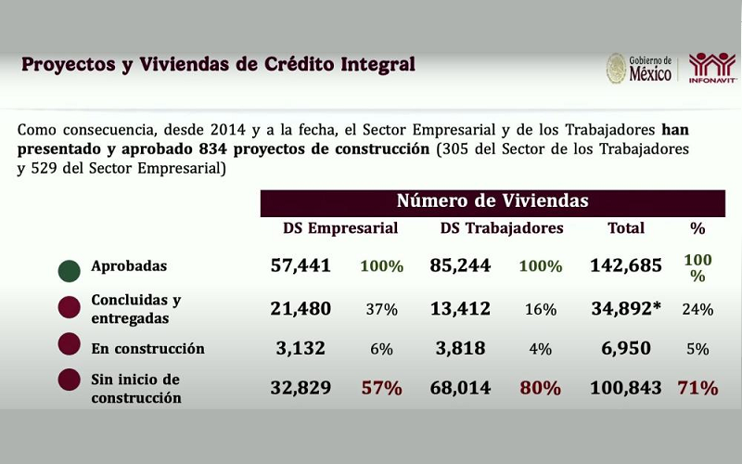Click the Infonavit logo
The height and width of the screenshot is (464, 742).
[x=712, y=67]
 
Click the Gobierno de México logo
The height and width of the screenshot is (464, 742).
[x=640, y=68]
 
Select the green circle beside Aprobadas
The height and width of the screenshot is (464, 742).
[x=69, y=270]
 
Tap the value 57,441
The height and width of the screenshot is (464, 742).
[x=301, y=266]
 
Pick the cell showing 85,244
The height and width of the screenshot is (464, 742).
[x=461, y=266]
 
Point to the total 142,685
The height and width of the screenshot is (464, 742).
[x=626, y=266]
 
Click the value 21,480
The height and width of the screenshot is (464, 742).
[x=301, y=309]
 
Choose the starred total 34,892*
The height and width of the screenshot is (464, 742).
[x=626, y=309]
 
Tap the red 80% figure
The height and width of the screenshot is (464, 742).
[x=541, y=388]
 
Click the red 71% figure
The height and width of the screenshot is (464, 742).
[x=697, y=388]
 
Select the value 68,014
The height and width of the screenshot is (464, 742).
[x=461, y=388]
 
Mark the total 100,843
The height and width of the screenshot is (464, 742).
[x=626, y=388]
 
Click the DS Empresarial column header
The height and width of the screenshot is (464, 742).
[x=340, y=228]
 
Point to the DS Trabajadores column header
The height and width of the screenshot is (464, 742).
[x=502, y=228]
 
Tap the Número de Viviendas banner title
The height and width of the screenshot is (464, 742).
[x=493, y=201]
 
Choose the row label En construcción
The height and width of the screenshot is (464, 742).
[x=147, y=349]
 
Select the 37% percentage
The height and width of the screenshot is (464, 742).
[x=381, y=310]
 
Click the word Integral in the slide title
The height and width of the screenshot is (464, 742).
[x=377, y=65]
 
